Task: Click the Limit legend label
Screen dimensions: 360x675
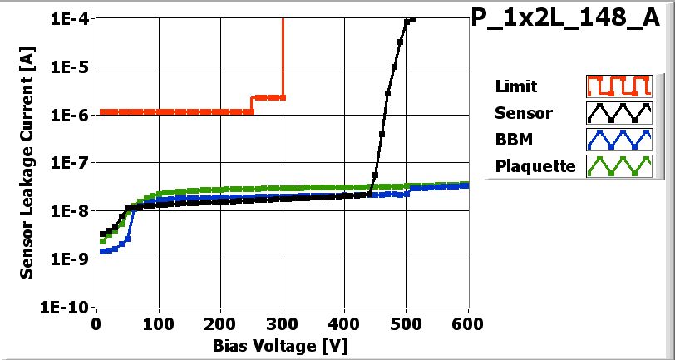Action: point(515,86)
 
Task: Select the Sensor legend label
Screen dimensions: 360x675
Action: point(521,112)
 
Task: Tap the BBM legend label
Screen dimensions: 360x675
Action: point(510,139)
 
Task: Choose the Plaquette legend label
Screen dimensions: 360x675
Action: point(535,165)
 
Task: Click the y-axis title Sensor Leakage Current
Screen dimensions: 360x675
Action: point(27,162)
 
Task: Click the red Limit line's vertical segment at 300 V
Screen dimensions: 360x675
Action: point(283,58)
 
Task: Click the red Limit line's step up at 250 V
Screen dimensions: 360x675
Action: point(252,104)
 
